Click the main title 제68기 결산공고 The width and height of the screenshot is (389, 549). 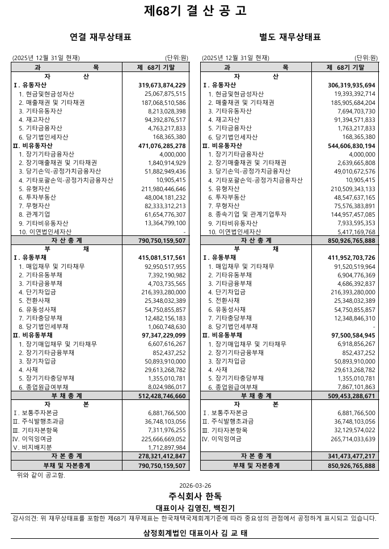(x=195, y=11)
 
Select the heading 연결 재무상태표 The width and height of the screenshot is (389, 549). (x=100, y=37)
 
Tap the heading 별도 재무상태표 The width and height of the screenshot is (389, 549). (x=290, y=37)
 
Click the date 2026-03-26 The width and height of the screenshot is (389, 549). (x=195, y=486)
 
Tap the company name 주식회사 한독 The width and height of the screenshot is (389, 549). (x=195, y=496)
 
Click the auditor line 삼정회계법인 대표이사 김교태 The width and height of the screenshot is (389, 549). (x=195, y=533)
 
